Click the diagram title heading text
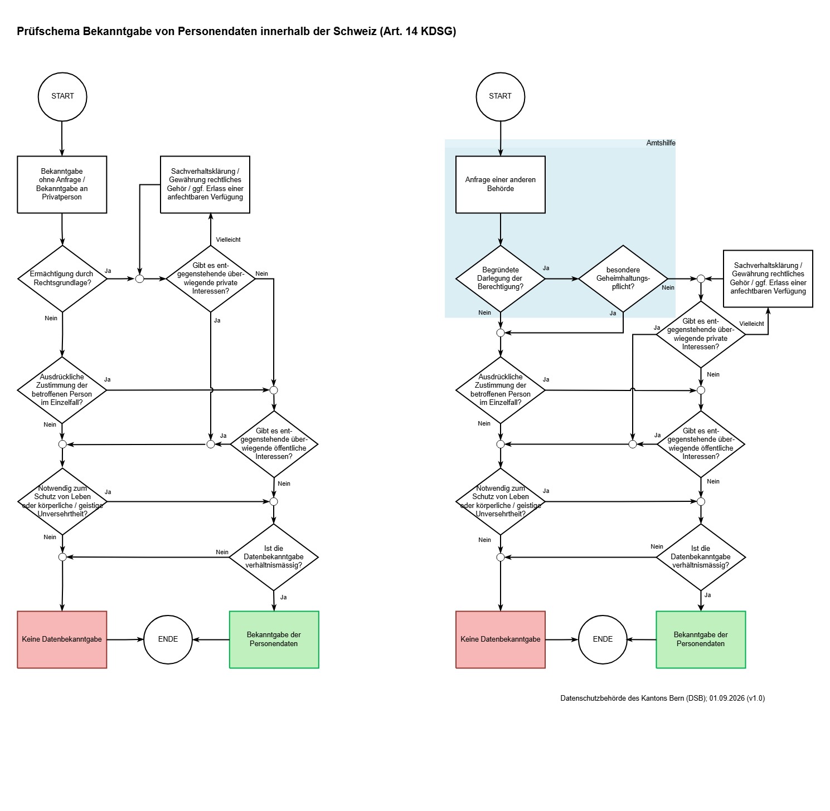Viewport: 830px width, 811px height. point(236,31)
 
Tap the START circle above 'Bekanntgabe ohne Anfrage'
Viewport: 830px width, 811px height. point(62,97)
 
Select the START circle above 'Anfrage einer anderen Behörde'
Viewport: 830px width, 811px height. point(501,97)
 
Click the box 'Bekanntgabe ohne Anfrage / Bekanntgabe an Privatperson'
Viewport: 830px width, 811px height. point(62,184)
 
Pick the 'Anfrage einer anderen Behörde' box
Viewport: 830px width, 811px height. point(501,184)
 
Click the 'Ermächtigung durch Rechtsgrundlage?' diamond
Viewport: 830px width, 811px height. point(62,279)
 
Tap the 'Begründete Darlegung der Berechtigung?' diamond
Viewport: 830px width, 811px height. point(501,279)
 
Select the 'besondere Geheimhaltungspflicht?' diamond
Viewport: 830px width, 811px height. point(623,279)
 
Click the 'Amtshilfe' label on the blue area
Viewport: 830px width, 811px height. point(661,143)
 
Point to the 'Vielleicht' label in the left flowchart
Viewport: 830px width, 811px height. point(228,240)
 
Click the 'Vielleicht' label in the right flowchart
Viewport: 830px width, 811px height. point(751,324)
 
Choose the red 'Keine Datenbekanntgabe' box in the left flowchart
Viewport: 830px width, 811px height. point(62,639)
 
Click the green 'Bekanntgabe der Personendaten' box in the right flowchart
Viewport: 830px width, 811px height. point(701,639)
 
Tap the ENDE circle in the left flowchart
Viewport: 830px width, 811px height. point(168,639)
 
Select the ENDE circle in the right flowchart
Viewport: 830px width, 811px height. point(603,639)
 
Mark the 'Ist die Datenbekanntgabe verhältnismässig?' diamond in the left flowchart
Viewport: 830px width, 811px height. point(274,557)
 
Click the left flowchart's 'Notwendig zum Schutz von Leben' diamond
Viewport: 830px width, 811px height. point(62,502)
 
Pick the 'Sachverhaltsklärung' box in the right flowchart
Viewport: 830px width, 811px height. point(768,279)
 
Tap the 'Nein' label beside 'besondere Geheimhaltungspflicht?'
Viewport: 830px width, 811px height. point(668,287)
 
